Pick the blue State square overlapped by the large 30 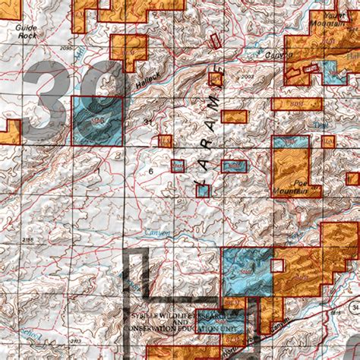[96, 121]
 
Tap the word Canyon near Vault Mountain [279, 55]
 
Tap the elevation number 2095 [67, 48]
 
